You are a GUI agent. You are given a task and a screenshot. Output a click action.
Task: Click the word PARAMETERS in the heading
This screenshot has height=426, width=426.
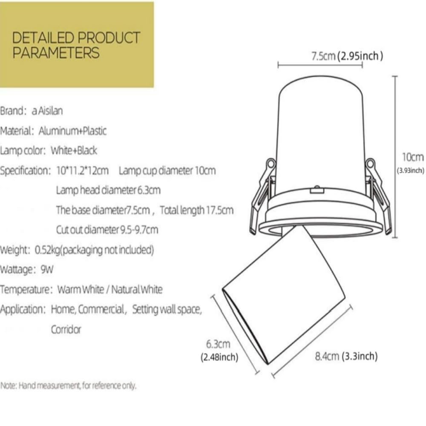coord(56,52)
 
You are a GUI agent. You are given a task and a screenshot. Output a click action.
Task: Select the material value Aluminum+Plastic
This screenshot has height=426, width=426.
coord(72,131)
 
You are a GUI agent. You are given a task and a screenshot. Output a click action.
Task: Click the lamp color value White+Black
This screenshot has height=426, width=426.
coord(74,150)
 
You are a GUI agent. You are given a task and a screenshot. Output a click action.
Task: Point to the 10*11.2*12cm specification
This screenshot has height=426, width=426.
coord(83,171)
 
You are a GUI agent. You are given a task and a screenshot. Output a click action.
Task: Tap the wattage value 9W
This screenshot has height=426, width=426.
coord(47,270)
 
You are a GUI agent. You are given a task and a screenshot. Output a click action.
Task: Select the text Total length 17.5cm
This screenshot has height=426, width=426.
coord(196,210)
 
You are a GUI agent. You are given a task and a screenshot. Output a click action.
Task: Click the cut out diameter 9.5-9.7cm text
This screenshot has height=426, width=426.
coord(107,230)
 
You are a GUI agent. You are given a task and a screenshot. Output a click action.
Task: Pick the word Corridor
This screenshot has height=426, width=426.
coord(66,330)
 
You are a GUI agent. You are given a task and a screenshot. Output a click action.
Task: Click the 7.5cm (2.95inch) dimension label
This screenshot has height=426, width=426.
coord(347,56)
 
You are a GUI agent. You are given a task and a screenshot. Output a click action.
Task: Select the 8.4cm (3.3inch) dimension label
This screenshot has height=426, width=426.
coord(346,356)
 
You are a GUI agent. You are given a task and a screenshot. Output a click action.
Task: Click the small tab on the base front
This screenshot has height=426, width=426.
coord(317,190)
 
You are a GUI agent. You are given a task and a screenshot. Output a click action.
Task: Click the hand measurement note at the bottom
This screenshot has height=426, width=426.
coord(68,386)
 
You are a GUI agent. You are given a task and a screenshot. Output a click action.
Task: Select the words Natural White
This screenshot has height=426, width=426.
coord(137,290)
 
